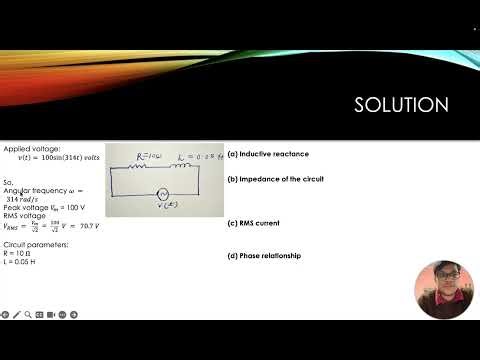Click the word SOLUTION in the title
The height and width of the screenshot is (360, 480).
(x=402, y=105)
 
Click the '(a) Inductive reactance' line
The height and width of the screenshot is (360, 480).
(x=268, y=154)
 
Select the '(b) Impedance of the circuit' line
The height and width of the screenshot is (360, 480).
(x=276, y=179)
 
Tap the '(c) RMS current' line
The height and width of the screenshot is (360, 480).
(x=256, y=223)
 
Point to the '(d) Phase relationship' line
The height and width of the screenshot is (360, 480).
(x=264, y=256)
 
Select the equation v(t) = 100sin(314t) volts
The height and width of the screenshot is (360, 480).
(x=60, y=158)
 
